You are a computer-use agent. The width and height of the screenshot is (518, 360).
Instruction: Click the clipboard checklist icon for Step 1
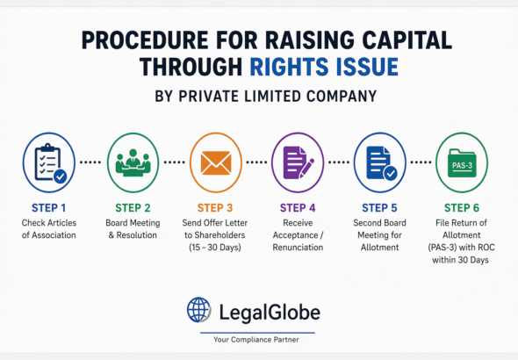[x=47, y=162]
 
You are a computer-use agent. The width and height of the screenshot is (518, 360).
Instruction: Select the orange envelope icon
[x=215, y=162]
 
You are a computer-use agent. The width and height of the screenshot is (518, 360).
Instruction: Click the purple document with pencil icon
[x=299, y=162]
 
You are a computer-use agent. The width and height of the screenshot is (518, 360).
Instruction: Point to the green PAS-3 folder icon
[x=463, y=162]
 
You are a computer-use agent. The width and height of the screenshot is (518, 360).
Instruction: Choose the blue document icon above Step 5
[x=380, y=162]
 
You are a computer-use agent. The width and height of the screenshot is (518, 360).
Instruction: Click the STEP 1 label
[x=47, y=207]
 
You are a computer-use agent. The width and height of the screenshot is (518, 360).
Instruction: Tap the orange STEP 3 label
[x=215, y=207]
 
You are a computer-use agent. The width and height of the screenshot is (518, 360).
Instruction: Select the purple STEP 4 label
[x=299, y=207]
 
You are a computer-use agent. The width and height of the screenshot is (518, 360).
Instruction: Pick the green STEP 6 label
[x=463, y=207]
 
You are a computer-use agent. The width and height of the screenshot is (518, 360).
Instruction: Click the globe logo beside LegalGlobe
[x=199, y=310]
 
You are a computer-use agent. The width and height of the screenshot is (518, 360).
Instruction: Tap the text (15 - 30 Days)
[x=215, y=248]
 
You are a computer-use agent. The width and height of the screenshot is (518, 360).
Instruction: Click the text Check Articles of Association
[x=47, y=228]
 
